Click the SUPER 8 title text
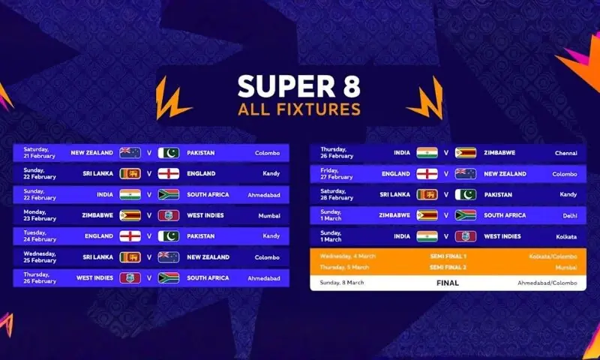(x=299, y=85)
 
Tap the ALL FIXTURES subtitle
(x=299, y=109)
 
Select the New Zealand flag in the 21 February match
(x=130, y=153)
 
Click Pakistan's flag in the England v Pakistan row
(x=169, y=236)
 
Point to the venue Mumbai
(x=269, y=215)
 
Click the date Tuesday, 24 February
(x=40, y=236)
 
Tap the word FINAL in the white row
(x=447, y=283)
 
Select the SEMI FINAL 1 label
(x=447, y=256)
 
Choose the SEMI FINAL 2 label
(x=447, y=267)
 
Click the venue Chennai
(x=566, y=153)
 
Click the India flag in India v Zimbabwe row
(x=427, y=153)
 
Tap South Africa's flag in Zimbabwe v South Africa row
(x=466, y=215)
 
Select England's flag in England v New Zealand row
(x=427, y=174)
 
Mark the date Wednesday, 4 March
(x=348, y=256)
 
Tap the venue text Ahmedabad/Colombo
(x=547, y=283)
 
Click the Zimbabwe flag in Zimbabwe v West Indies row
(x=130, y=215)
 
